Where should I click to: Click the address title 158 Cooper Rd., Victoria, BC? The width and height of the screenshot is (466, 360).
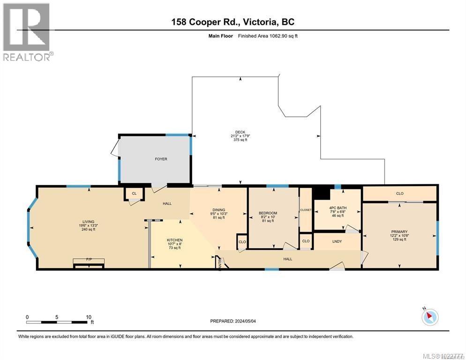coord(233,22)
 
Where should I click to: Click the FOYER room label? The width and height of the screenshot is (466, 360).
coord(161,159)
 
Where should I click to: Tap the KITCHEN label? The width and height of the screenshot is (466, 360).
coord(174,240)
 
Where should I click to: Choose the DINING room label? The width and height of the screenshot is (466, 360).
coord(218,210)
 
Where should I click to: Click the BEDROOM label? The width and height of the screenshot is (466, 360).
coord(268,213)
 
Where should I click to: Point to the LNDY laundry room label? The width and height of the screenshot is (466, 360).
coord(337,241)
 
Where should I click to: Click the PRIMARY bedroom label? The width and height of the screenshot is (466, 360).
coord(399,232)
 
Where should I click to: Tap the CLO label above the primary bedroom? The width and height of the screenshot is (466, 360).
coord(399,193)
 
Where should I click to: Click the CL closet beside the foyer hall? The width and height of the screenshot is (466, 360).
coord(134,193)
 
